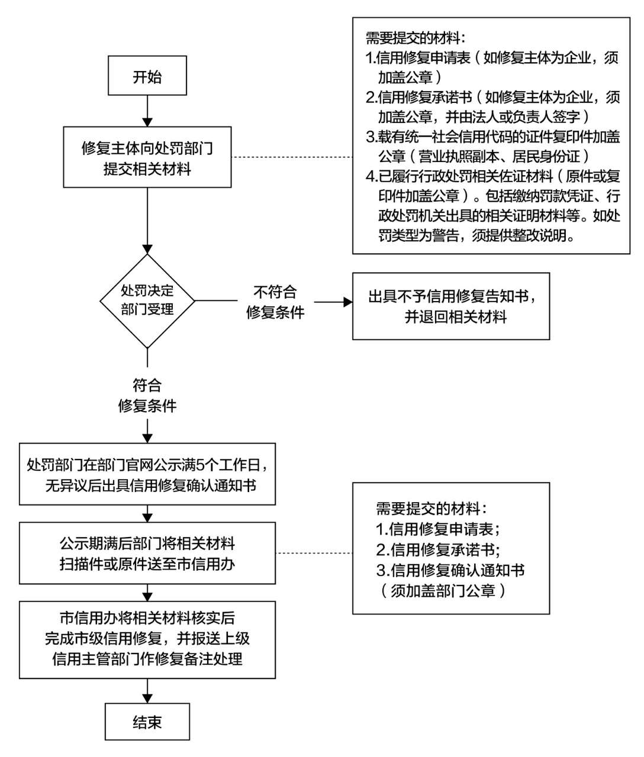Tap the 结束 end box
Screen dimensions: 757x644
coord(147,722)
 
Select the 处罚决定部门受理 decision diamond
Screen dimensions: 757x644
coord(147,300)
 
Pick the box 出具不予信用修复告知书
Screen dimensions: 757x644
coord(450,306)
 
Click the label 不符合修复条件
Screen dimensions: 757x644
coord(275,302)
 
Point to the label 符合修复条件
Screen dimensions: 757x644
coord(147,396)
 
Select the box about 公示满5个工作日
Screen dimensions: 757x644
coord(147,474)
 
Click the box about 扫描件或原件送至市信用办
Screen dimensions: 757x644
coord(147,553)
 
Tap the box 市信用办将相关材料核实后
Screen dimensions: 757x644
coord(147,639)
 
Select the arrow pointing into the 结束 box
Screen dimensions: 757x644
coord(147,690)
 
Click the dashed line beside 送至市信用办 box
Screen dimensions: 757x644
coord(314,554)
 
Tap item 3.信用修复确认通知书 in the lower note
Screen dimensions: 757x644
coord(450,570)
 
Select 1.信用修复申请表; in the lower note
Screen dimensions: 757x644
coord(439,529)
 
